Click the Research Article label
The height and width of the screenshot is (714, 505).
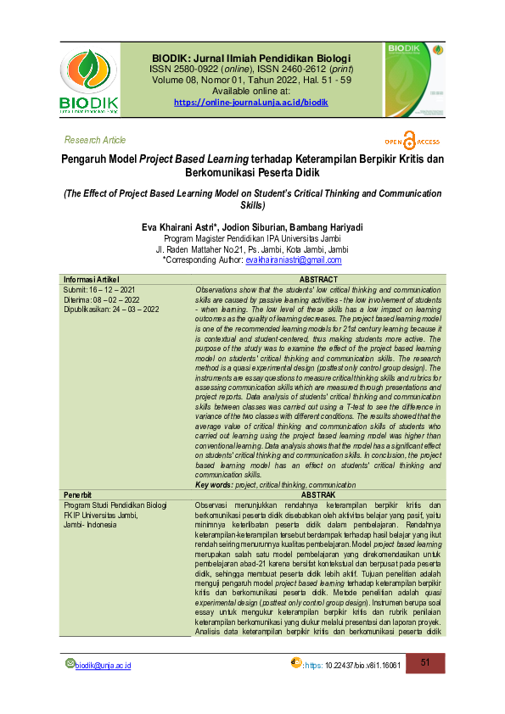click(95, 140)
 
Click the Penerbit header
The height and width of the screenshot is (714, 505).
click(80, 494)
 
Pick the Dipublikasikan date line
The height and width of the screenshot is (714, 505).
click(111, 310)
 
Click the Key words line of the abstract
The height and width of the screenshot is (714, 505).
click(275, 484)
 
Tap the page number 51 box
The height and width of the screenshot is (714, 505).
click(427, 662)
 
